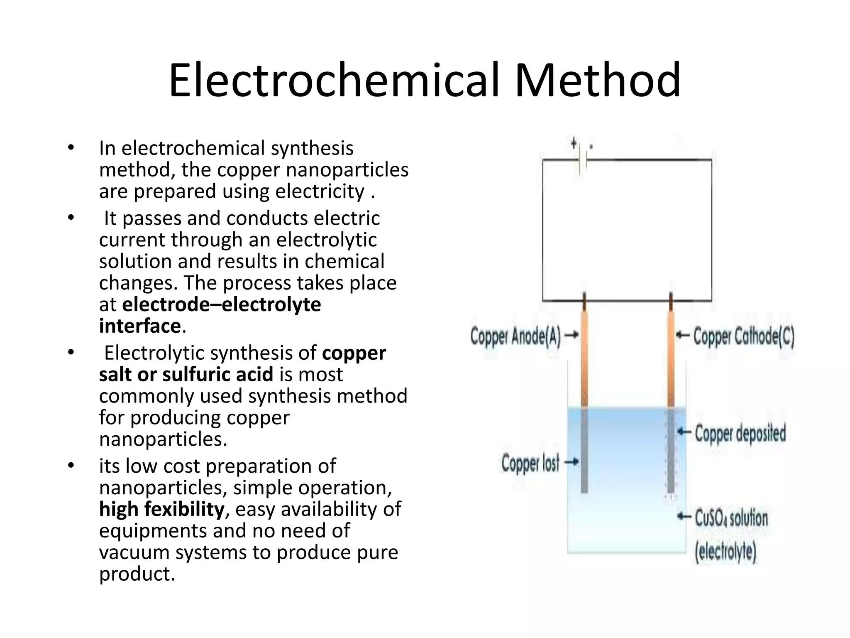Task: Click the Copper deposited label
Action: [740, 433]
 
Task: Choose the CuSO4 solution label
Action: [731, 518]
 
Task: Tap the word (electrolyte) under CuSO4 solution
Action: [725, 552]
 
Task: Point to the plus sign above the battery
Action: [574, 144]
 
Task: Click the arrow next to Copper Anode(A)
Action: [572, 335]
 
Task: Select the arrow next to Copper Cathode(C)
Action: [683, 335]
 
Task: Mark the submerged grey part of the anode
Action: [584, 451]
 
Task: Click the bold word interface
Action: [140, 326]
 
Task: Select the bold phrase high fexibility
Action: [162, 509]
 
